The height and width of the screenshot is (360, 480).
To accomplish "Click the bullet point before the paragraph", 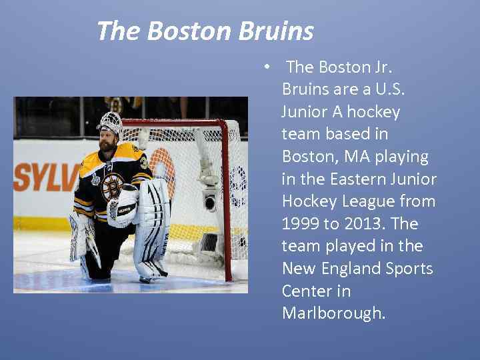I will click(266, 67).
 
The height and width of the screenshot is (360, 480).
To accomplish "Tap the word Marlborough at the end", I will click(333, 313).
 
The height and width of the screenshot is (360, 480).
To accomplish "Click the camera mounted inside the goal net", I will click(209, 200).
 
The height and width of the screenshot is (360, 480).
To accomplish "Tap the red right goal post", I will click(227, 200).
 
